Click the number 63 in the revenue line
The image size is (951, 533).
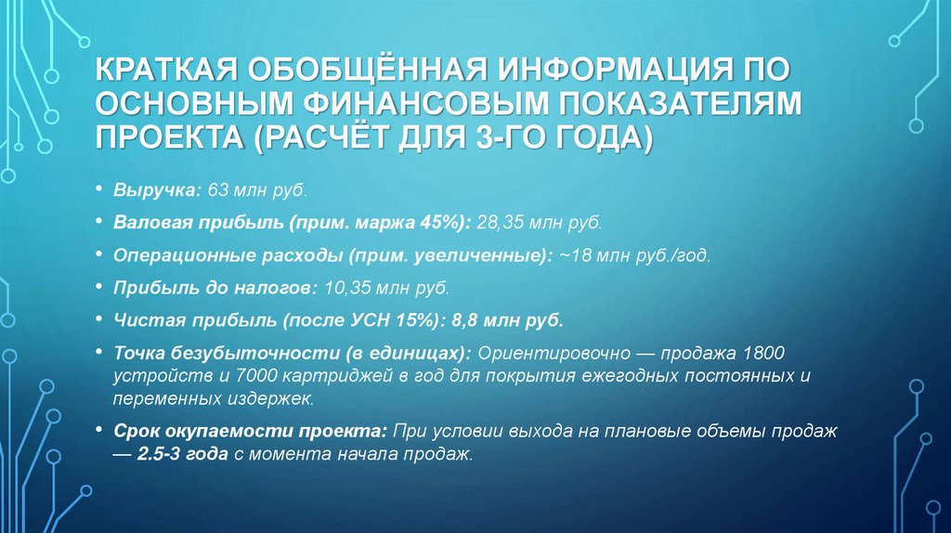coord(218,190)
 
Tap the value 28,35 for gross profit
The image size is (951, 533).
coord(501,224)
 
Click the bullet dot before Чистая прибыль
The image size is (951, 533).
coord(99,320)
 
